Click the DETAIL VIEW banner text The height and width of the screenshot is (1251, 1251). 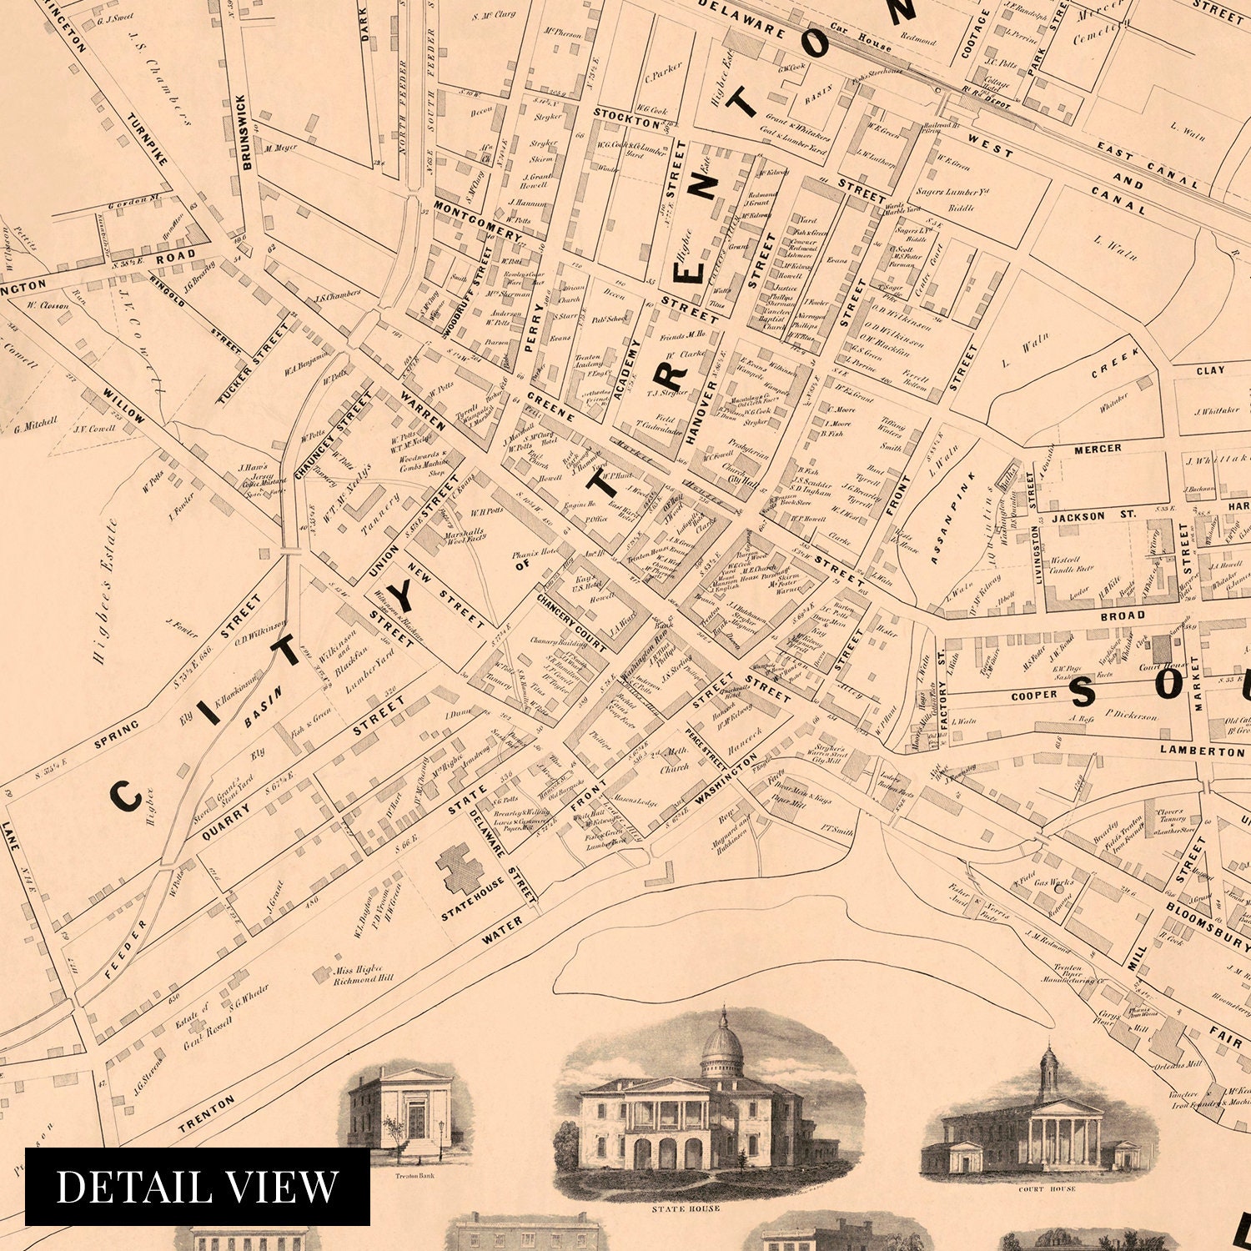coord(197,1186)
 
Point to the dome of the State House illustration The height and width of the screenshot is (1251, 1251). coord(721,1051)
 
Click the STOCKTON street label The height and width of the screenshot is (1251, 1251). coord(628,118)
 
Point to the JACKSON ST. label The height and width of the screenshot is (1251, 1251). coord(1093,516)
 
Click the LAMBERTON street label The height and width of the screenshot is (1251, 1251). coord(1201,751)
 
